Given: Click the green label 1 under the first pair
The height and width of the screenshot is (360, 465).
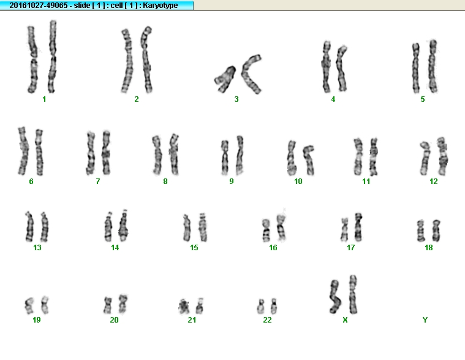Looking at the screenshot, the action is pyautogui.click(x=44, y=99).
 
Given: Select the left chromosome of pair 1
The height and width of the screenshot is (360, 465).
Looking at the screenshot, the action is pyautogui.click(x=32, y=59).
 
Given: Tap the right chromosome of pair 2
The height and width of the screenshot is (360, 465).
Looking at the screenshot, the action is pyautogui.click(x=146, y=59).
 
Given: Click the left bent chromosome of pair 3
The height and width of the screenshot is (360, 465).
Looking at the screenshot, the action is pyautogui.click(x=225, y=79).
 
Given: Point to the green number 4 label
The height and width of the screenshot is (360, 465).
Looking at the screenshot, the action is pyautogui.click(x=333, y=99).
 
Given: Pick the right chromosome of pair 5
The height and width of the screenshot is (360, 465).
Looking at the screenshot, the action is pyautogui.click(x=433, y=66).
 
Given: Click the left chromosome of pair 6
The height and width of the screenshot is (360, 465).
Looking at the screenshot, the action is pyautogui.click(x=23, y=151).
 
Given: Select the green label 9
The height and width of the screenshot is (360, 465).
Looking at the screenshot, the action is pyautogui.click(x=232, y=182).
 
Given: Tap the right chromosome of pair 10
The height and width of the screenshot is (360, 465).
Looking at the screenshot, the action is pyautogui.click(x=309, y=159).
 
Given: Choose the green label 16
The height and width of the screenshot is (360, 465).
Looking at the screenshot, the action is pyautogui.click(x=273, y=248).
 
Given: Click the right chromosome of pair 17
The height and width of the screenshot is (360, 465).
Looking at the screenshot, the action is pyautogui.click(x=358, y=227).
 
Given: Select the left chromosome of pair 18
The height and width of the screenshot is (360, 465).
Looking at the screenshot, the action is pyautogui.click(x=420, y=231).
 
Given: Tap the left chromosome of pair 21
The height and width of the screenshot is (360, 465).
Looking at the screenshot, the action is pyautogui.click(x=184, y=307).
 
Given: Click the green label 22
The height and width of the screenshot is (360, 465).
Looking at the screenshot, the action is pyautogui.click(x=267, y=320).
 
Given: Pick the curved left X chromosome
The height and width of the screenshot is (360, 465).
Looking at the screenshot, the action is pyautogui.click(x=335, y=297).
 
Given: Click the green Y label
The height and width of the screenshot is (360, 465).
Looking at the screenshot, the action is pyautogui.click(x=425, y=320).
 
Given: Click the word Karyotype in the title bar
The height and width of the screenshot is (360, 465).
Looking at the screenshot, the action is pyautogui.click(x=160, y=6).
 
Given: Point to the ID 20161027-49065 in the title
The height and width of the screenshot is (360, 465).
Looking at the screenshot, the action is pyautogui.click(x=39, y=6).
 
